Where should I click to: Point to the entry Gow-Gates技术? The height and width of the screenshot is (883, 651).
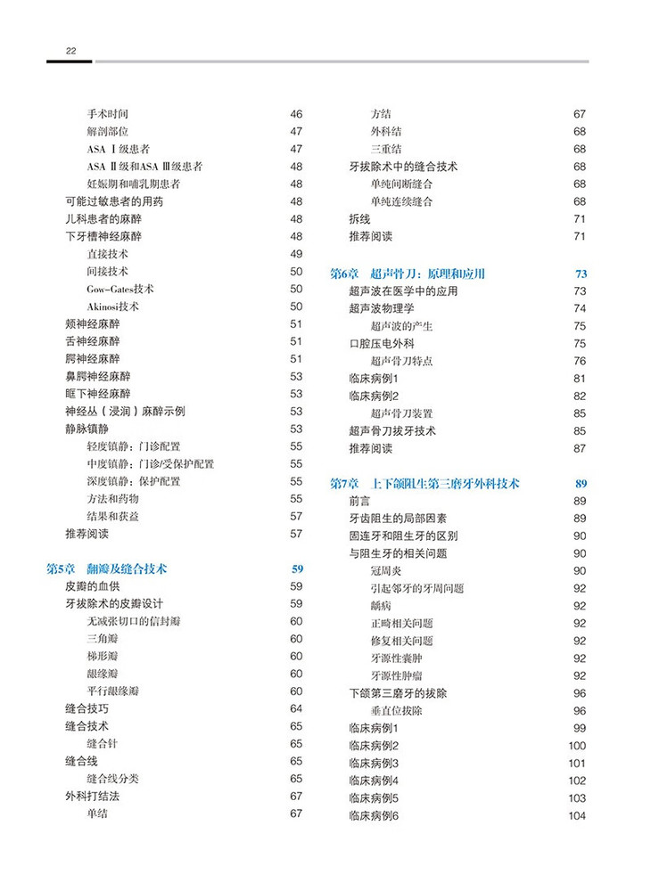coord(120,289)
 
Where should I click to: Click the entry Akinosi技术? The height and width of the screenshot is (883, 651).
coord(113,307)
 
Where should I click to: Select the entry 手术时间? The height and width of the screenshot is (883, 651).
coord(108,114)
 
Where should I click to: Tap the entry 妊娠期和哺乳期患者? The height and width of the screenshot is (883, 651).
coord(133,184)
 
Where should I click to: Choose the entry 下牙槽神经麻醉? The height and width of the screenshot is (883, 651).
coord(103,236)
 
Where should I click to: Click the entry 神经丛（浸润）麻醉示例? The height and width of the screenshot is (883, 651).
coord(126,411)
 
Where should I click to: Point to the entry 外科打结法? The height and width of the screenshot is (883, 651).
coord(92,796)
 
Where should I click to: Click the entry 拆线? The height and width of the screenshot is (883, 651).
coord(359,218)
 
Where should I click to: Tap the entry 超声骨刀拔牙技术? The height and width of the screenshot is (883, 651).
coord(392,431)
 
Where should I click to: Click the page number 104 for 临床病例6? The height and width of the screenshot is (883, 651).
coord(576,816)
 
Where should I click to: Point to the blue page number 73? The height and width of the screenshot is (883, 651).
coord(581,274)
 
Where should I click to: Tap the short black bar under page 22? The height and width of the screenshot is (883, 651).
coord(69,61)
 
